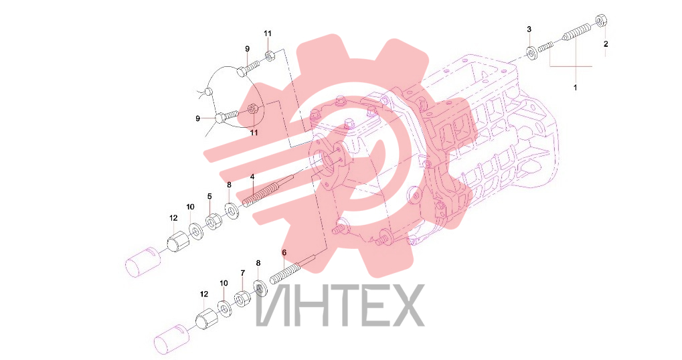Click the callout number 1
point(575,88)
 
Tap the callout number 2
point(606,44)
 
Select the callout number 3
point(529,29)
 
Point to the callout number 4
point(252,177)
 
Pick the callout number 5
point(209,197)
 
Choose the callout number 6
point(284,252)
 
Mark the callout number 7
point(243,273)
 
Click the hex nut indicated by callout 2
point(601,20)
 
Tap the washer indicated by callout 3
point(531,53)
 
